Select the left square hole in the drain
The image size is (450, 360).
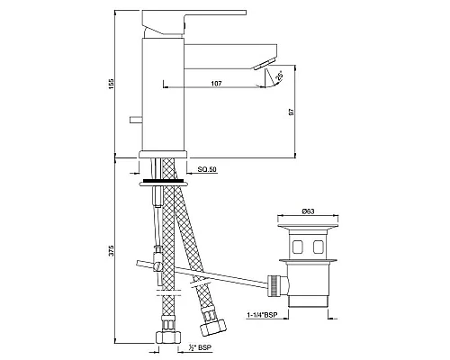coord(295,244)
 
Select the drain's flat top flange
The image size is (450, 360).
coord(306,230)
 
